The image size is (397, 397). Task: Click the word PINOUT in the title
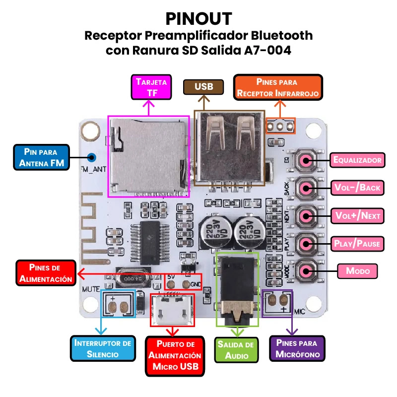tap(198, 18)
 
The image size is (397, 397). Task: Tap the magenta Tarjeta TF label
tap(151, 87)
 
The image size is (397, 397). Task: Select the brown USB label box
tap(203, 87)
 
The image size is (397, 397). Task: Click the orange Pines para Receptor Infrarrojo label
tap(278, 87)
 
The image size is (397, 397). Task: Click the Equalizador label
tap(357, 160)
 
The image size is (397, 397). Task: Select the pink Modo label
tap(357, 271)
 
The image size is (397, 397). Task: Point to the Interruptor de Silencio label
tap(103, 348)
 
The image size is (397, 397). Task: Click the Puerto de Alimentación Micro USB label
tap(175, 356)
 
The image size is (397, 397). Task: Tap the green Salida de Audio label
tap(236, 349)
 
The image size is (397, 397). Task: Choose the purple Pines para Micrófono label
tap(297, 348)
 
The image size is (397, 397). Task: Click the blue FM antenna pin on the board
tap(91, 158)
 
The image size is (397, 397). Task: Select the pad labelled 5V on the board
tap(171, 285)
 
